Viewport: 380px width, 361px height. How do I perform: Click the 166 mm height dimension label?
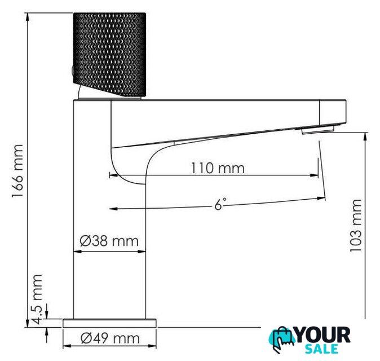pyautogui.click(x=17, y=171)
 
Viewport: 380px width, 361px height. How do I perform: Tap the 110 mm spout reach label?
pyautogui.click(x=218, y=168)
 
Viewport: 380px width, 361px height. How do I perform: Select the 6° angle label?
pyautogui.click(x=220, y=204)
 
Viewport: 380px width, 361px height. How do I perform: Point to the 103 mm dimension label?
pyautogui.click(x=356, y=226)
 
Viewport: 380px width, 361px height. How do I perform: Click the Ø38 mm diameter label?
pyautogui.click(x=109, y=241)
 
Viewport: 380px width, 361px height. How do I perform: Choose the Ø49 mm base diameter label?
pyautogui.click(x=110, y=338)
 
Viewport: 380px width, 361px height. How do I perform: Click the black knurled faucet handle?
pyautogui.click(x=109, y=55)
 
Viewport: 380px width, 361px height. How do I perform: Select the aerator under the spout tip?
pyautogui.click(x=318, y=130)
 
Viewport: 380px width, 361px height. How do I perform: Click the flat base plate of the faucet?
pyautogui.click(x=109, y=323)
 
